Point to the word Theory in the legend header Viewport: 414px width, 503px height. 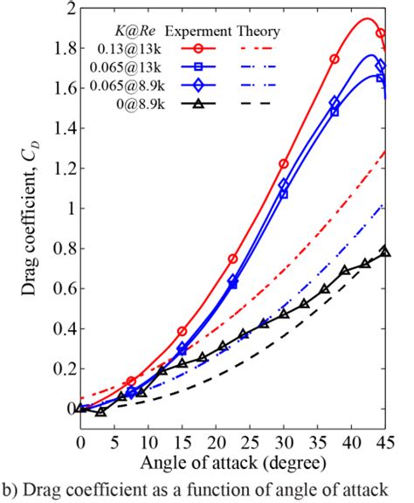tap(261, 28)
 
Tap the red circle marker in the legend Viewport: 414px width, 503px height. tap(202, 46)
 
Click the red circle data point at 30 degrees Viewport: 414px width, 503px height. tap(284, 164)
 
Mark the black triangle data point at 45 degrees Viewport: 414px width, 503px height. tap(385, 251)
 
